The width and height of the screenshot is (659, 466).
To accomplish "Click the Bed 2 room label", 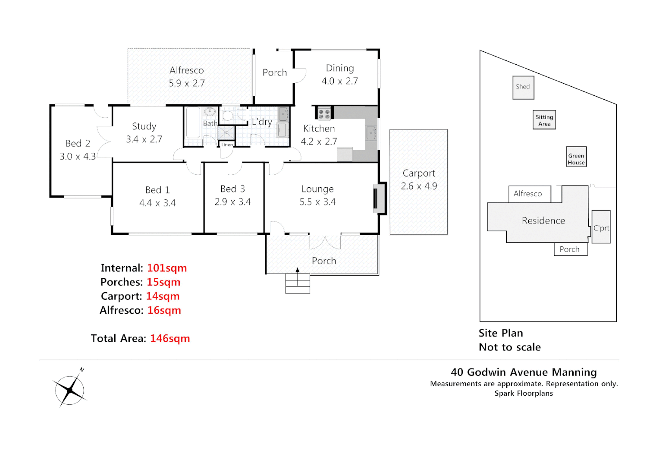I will [78, 143].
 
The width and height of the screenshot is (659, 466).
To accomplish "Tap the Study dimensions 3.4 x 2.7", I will [144, 139].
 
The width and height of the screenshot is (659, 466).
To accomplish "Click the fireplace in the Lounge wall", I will [379, 198].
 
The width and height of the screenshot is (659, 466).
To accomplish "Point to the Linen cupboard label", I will [227, 145].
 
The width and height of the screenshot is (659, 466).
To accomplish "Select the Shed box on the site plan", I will [523, 87].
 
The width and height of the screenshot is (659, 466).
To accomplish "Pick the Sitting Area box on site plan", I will [544, 120].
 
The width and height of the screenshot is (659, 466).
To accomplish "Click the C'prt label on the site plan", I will [601, 228].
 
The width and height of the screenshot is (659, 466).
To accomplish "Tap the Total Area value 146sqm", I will [170, 339].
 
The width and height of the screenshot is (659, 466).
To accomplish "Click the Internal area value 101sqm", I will [166, 268].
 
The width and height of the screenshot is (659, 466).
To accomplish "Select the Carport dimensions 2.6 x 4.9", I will [419, 186].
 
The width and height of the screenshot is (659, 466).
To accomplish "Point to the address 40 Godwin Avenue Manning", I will [524, 372].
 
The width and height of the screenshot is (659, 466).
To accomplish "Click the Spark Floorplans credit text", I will [524, 393].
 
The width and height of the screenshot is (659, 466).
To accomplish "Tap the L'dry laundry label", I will [262, 122].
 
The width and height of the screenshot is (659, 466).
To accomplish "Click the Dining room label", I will [340, 68].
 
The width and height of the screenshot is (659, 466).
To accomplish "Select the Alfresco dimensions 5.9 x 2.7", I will [187, 83].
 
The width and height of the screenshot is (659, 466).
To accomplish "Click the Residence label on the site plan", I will [543, 220].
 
